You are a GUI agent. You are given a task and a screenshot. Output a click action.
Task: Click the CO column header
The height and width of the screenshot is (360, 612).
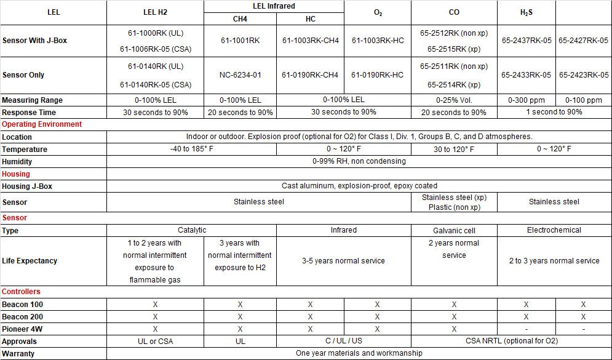point(453,12)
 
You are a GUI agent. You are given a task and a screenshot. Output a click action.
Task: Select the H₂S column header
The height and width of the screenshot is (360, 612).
point(526,12)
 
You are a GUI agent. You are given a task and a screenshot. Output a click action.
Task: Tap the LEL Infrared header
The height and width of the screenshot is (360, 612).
point(274,6)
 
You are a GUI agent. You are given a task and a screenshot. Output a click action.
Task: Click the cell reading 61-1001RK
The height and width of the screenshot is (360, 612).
point(240,41)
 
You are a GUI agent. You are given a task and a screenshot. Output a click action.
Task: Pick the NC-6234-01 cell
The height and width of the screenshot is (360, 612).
point(240,75)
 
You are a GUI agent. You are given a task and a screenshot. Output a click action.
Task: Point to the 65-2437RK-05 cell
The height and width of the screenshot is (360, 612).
point(526,41)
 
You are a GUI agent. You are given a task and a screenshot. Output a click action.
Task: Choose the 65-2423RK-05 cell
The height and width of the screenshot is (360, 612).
point(583,75)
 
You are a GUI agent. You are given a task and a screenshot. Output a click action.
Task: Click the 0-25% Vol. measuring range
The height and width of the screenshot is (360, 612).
point(453,100)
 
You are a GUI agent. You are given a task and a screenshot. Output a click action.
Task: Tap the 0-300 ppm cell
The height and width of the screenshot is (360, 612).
point(526,100)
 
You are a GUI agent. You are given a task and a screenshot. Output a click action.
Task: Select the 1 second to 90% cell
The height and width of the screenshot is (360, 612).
point(554,112)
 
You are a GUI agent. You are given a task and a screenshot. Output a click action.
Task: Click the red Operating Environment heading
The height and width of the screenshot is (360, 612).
point(42,124)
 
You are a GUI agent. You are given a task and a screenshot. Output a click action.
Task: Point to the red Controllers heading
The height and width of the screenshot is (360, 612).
point(21,292)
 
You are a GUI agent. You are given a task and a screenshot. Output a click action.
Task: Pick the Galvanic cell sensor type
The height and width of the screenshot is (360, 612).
point(453,230)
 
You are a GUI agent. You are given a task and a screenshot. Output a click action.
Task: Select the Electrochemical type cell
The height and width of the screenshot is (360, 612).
point(554,230)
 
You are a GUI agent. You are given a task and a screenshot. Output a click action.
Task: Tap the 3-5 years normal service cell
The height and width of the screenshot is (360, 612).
point(343,261)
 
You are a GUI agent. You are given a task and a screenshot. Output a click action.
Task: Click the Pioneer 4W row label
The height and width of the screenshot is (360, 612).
point(22,329)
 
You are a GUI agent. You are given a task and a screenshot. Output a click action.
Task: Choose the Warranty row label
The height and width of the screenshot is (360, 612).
point(18,354)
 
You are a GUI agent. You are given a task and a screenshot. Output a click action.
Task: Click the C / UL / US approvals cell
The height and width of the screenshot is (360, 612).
point(343,341)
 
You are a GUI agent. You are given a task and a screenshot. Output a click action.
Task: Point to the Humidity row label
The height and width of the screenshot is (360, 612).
point(17,161)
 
